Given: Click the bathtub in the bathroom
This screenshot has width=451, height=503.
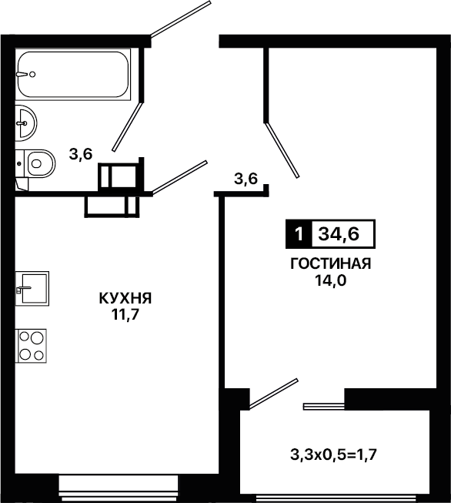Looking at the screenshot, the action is tap(73, 75).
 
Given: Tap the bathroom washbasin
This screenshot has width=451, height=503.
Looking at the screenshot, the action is tap(26, 123).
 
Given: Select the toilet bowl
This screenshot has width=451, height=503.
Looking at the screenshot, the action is tap(35, 163).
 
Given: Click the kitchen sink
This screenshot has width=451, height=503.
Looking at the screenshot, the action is tap(32, 288).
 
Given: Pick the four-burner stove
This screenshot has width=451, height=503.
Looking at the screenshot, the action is tap(31, 346).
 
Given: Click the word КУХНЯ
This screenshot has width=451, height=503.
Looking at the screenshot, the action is tap(125, 299).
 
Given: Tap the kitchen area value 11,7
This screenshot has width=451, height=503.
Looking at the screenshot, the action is tap(125, 315).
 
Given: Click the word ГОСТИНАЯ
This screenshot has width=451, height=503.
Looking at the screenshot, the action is tap(330, 263).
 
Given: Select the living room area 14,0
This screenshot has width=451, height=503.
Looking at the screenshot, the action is tap(330, 280).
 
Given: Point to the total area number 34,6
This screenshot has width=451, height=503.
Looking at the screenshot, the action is tap(339, 234).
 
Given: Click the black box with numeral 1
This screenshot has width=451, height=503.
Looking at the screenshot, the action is tap(299, 234).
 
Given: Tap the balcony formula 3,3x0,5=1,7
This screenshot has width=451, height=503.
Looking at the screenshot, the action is tap(333, 454).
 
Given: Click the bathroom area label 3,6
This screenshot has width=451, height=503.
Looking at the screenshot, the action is tap(81, 154).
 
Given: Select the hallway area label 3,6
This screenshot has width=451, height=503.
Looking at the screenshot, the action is tap(246, 179).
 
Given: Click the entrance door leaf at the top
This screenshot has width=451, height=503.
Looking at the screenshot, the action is tap(181, 19).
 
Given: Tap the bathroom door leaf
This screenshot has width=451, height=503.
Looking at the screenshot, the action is tap(127, 126).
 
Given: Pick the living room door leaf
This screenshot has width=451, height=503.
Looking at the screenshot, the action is tap(282, 149).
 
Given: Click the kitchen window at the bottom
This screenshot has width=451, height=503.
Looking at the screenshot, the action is tap(119, 488).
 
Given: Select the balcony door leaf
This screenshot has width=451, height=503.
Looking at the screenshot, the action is tap(274, 394).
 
